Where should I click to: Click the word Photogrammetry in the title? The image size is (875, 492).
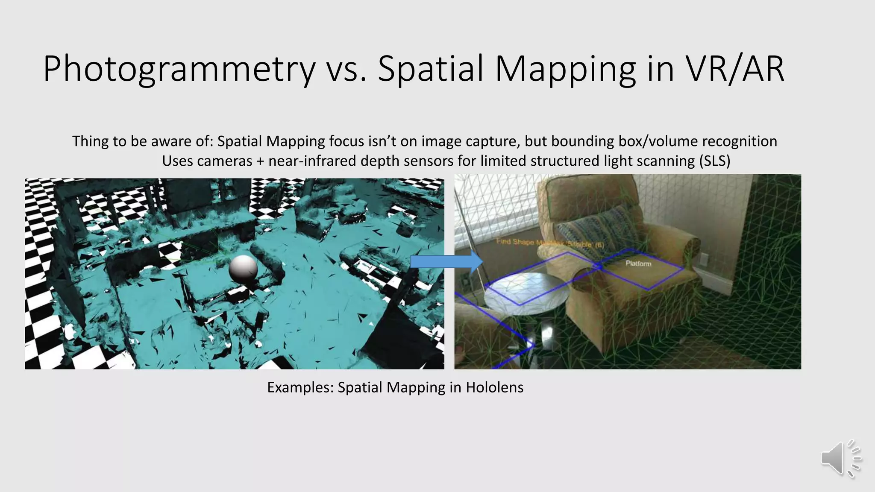[179, 69]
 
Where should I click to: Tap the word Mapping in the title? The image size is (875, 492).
[566, 69]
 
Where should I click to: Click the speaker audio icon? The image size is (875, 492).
[840, 459]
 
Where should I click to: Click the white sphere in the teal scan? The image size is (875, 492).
[243, 269]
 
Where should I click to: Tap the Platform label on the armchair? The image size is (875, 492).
[638, 264]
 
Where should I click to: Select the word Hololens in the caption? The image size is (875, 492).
[494, 387]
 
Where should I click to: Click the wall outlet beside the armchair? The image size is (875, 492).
[703, 259]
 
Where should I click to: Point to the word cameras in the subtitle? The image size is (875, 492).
[224, 161]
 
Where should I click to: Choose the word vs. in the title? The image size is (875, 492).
[346, 69]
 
